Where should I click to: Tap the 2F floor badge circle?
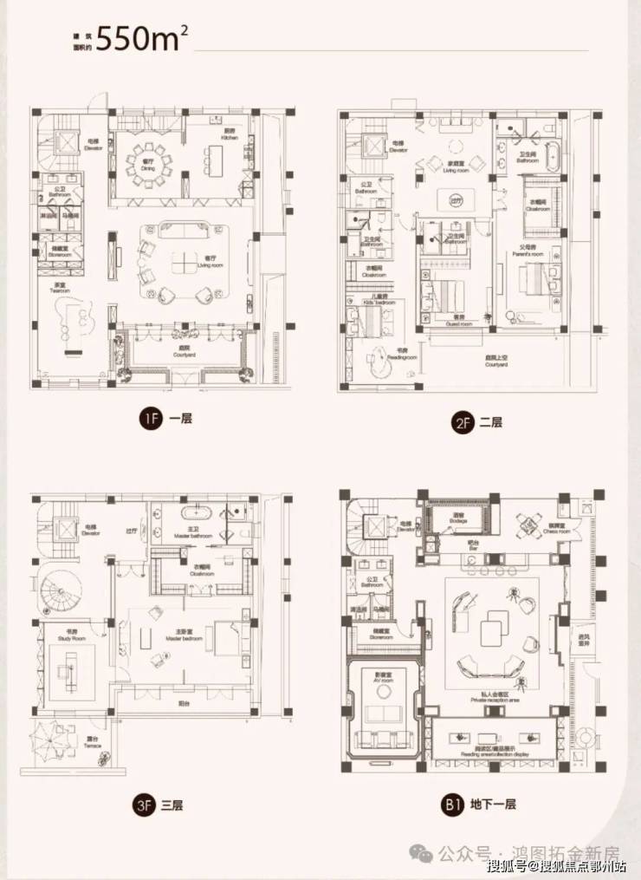click(x=462, y=423)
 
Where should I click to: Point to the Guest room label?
click(x=452, y=320)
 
